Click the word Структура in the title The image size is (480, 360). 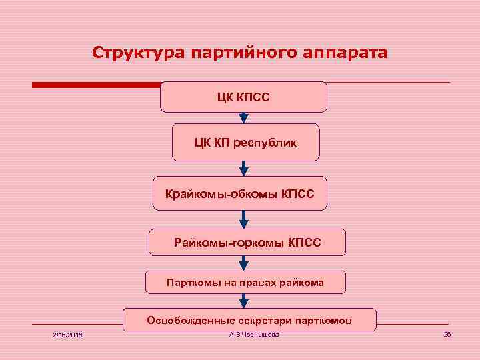tap(137, 52)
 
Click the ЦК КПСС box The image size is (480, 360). tap(243, 97)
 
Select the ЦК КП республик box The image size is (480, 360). tap(245, 142)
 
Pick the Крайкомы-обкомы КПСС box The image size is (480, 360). tap(240, 195)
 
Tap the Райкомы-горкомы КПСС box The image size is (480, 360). tap(247, 243)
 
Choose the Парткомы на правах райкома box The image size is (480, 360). tap(245, 283)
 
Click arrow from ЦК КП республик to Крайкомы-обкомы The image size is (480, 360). tap(243, 169)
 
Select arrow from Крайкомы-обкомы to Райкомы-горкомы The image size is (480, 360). tap(243, 219)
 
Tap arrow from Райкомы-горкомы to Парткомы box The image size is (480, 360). tap(243, 263)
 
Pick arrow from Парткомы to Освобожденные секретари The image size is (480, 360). tap(243, 301)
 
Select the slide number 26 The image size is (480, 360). tap(447, 334)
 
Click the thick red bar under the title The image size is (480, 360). tap(97, 85)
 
